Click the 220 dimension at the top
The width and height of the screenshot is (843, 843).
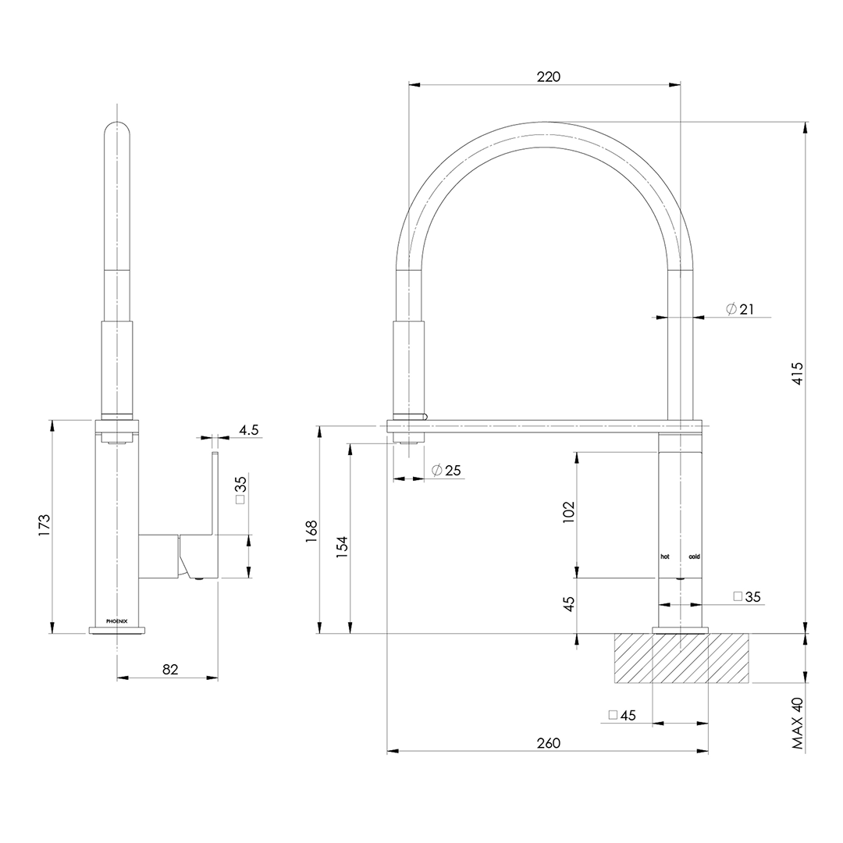(549, 76)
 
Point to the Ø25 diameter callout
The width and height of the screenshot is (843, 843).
(446, 470)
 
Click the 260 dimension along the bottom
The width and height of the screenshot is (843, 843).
(548, 743)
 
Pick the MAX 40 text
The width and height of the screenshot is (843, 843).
(797, 724)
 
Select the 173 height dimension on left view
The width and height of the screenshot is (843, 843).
(44, 524)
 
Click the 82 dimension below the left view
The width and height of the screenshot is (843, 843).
(171, 669)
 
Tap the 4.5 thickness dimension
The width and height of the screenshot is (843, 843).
(248, 429)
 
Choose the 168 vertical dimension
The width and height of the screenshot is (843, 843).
(311, 531)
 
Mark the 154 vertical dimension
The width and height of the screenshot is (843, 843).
(342, 546)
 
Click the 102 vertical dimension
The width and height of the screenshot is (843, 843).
(568, 512)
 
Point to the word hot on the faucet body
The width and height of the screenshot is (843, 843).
(665, 557)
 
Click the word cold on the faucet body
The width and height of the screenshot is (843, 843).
(694, 557)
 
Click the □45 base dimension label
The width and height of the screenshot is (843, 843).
(622, 715)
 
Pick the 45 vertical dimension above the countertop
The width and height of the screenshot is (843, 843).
(568, 603)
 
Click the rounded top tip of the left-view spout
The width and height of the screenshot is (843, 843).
(117, 126)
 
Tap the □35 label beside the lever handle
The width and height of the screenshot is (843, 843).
(240, 490)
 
